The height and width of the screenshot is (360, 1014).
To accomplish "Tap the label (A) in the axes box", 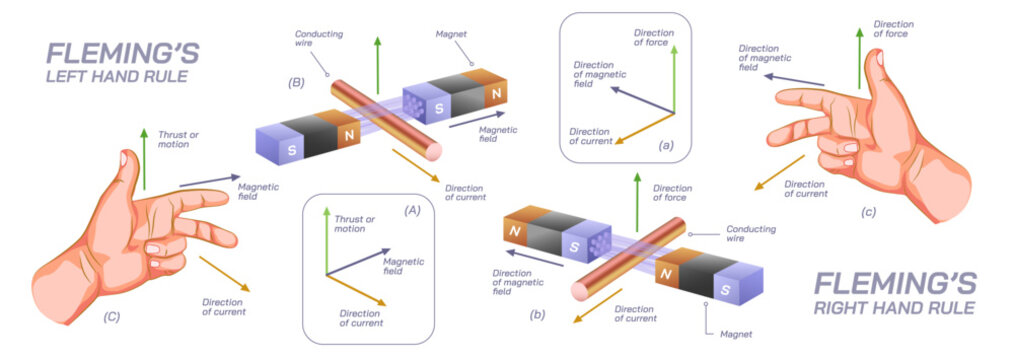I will (411, 211).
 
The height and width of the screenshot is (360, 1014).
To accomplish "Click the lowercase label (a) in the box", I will (667, 146).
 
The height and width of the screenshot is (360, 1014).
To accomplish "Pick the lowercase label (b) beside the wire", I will (538, 315).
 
